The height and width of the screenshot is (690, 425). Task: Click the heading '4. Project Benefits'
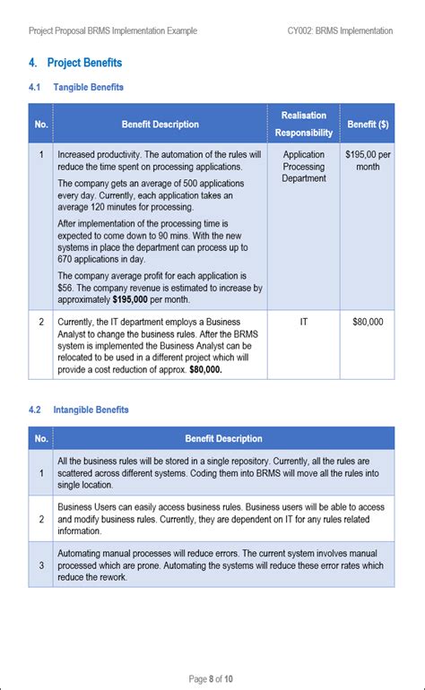pyautogui.click(x=75, y=63)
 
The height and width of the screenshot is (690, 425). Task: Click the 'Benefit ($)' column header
pyautogui.click(x=368, y=124)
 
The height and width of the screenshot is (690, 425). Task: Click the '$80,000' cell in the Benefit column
pyautogui.click(x=368, y=320)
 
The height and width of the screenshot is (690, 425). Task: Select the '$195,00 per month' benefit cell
pyautogui.click(x=368, y=160)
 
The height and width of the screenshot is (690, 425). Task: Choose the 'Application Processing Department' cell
pyautogui.click(x=303, y=167)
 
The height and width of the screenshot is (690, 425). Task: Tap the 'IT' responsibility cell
pyautogui.click(x=303, y=320)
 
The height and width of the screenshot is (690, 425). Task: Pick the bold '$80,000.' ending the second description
pyautogui.click(x=205, y=367)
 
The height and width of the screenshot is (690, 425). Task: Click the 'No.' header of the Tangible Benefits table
pyautogui.click(x=41, y=124)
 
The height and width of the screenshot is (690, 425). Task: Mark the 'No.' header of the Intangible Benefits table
pyautogui.click(x=41, y=438)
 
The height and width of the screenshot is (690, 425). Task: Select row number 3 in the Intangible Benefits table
pyautogui.click(x=41, y=565)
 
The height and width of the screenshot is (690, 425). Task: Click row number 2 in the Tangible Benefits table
pyautogui.click(x=41, y=320)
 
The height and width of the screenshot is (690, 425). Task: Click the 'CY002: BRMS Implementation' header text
pyautogui.click(x=340, y=30)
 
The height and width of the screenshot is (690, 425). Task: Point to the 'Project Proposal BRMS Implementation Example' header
pyautogui.click(x=112, y=30)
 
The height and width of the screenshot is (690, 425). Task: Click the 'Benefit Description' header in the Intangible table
pyautogui.click(x=223, y=438)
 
